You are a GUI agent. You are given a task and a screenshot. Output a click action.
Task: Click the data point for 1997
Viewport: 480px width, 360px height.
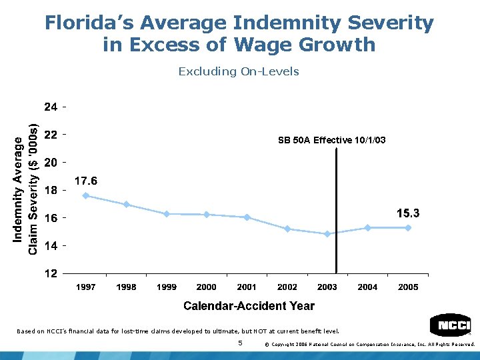click(86, 195)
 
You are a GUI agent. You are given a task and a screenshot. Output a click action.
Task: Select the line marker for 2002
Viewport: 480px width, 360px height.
click(287, 229)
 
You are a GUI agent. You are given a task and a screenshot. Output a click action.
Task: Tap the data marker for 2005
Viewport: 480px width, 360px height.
click(408, 227)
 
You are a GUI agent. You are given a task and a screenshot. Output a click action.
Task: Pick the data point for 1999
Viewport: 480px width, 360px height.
click(167, 214)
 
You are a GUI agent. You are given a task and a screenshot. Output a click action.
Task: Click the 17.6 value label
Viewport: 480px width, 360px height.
click(86, 181)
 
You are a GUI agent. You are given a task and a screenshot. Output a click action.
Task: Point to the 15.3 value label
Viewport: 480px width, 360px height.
click(408, 213)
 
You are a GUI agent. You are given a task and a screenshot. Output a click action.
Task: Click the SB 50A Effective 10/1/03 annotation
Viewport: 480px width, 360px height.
click(331, 140)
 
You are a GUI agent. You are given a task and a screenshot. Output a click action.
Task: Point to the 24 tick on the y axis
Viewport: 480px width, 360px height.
click(50, 107)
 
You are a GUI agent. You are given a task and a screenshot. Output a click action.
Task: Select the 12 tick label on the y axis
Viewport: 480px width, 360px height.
click(50, 273)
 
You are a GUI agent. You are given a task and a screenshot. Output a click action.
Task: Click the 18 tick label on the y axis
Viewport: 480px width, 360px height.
click(50, 190)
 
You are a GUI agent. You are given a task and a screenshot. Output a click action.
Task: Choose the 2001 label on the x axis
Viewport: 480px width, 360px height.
click(247, 287)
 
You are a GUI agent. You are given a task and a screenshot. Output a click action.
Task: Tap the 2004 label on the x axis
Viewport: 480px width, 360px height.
click(367, 287)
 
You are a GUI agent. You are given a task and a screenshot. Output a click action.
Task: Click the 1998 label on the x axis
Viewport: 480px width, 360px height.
click(126, 287)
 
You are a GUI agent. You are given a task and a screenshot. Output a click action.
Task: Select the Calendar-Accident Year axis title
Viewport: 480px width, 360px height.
click(249, 306)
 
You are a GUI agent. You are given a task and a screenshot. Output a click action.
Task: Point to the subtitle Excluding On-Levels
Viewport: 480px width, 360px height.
click(239, 71)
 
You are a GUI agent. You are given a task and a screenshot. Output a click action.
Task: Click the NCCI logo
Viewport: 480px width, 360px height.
click(451, 325)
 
